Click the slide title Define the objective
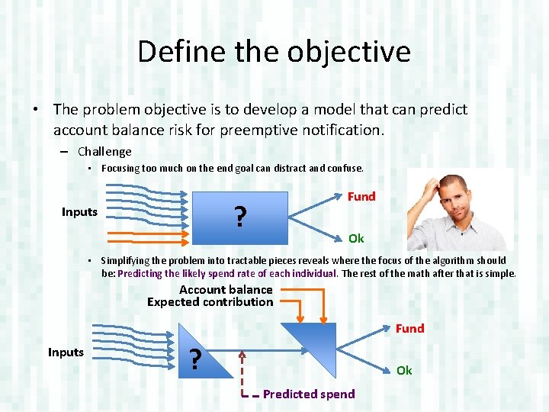tap(274, 52)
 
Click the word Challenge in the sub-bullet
tap(104, 152)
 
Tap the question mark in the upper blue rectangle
tap(240, 217)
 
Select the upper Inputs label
tap(79, 212)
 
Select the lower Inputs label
tap(66, 352)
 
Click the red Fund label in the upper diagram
tap(361, 197)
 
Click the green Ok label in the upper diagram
tap(356, 239)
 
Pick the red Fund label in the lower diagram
tap(409, 329)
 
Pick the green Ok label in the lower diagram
tap(404, 370)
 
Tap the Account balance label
tap(226, 290)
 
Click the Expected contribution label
tap(210, 302)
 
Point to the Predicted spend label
tap(309, 394)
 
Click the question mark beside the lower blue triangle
tap(196, 359)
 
